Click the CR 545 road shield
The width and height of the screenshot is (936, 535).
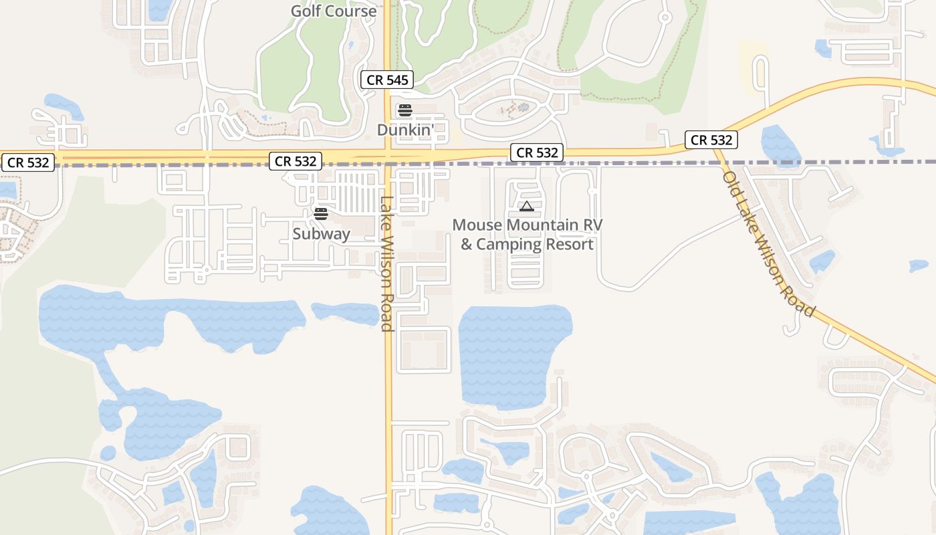point(387,80)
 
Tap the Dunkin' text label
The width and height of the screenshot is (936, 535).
point(406,130)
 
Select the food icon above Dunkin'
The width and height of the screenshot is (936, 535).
point(404,110)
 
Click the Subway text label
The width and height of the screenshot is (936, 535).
point(321,234)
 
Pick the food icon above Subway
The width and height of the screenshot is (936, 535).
point(321,214)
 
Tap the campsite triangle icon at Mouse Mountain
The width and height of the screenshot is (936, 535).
point(527,206)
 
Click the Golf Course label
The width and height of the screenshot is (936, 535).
point(334,11)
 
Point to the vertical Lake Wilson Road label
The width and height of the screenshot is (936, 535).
point(386,263)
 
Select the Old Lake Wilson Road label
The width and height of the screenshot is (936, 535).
point(769,243)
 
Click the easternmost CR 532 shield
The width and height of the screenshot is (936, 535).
point(711,140)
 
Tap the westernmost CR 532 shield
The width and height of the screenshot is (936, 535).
point(28,163)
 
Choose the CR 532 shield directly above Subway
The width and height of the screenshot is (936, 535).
point(296,161)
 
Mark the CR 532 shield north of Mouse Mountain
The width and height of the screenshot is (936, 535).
point(537,153)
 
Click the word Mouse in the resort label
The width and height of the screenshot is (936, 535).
point(477,225)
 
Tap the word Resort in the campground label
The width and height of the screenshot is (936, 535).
point(569,244)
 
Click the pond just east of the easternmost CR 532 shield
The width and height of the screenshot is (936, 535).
point(780,144)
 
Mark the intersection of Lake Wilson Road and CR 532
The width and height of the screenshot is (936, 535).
point(388,158)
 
